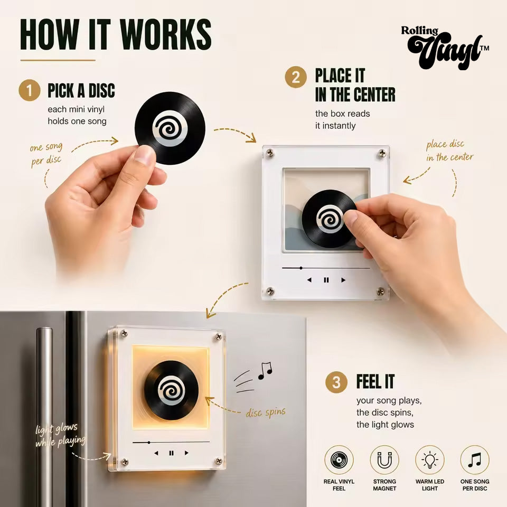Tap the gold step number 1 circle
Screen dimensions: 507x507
30,90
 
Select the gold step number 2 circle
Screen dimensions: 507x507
296,77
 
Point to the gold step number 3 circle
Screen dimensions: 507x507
336,382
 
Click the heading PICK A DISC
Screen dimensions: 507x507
81,90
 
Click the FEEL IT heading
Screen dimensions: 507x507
375,381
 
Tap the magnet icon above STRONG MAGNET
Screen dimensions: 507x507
384,460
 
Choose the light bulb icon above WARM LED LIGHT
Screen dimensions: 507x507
430,460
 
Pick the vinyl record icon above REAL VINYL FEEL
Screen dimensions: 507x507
339,460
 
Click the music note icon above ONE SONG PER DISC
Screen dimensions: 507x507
475,460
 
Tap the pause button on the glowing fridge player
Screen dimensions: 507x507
171,453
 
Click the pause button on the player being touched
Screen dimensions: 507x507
326,280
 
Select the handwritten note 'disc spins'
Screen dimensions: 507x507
266,412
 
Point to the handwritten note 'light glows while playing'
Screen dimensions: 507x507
60,435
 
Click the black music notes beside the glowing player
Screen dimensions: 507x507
265,371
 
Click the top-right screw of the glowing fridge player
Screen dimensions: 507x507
219,337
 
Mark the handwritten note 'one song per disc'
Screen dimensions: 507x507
46,154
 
